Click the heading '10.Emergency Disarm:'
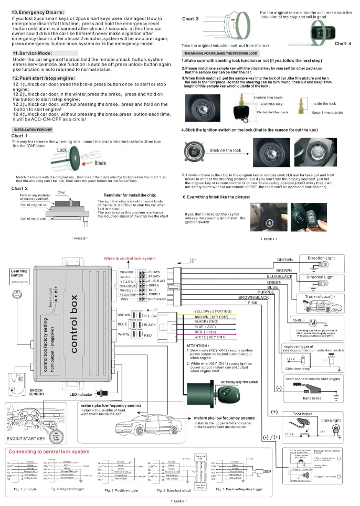(38, 12)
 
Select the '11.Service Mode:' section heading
(32, 53)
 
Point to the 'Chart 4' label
(343, 44)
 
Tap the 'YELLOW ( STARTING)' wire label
(213, 311)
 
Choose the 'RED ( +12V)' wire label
(206, 332)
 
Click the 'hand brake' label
(312, 398)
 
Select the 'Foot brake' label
(302, 414)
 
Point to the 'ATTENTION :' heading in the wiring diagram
(198, 346)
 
